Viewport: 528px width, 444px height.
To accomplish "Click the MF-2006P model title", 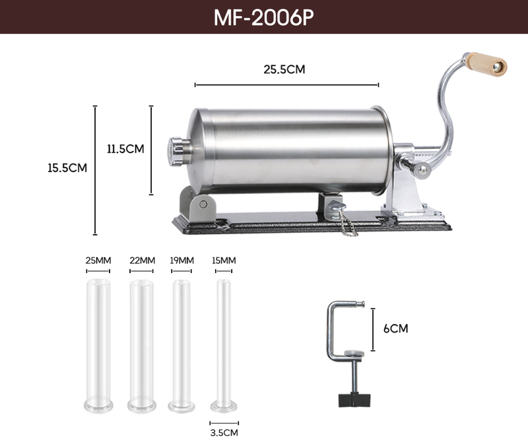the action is tap(263, 17).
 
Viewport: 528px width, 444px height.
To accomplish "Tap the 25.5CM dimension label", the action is tap(284, 69).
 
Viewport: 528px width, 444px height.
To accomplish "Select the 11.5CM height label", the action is tap(125, 149).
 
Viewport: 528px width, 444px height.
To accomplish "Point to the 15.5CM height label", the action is tap(67, 168).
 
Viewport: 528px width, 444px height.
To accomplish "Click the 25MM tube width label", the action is tap(98, 261).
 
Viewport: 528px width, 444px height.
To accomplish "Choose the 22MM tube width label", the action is tap(142, 261).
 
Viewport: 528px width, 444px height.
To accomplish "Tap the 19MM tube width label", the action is tap(181, 261).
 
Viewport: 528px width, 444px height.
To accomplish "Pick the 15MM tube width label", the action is tap(224, 261).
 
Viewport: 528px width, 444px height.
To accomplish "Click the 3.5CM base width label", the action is tap(224, 433).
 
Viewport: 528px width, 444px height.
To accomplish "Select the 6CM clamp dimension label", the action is tap(395, 329).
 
